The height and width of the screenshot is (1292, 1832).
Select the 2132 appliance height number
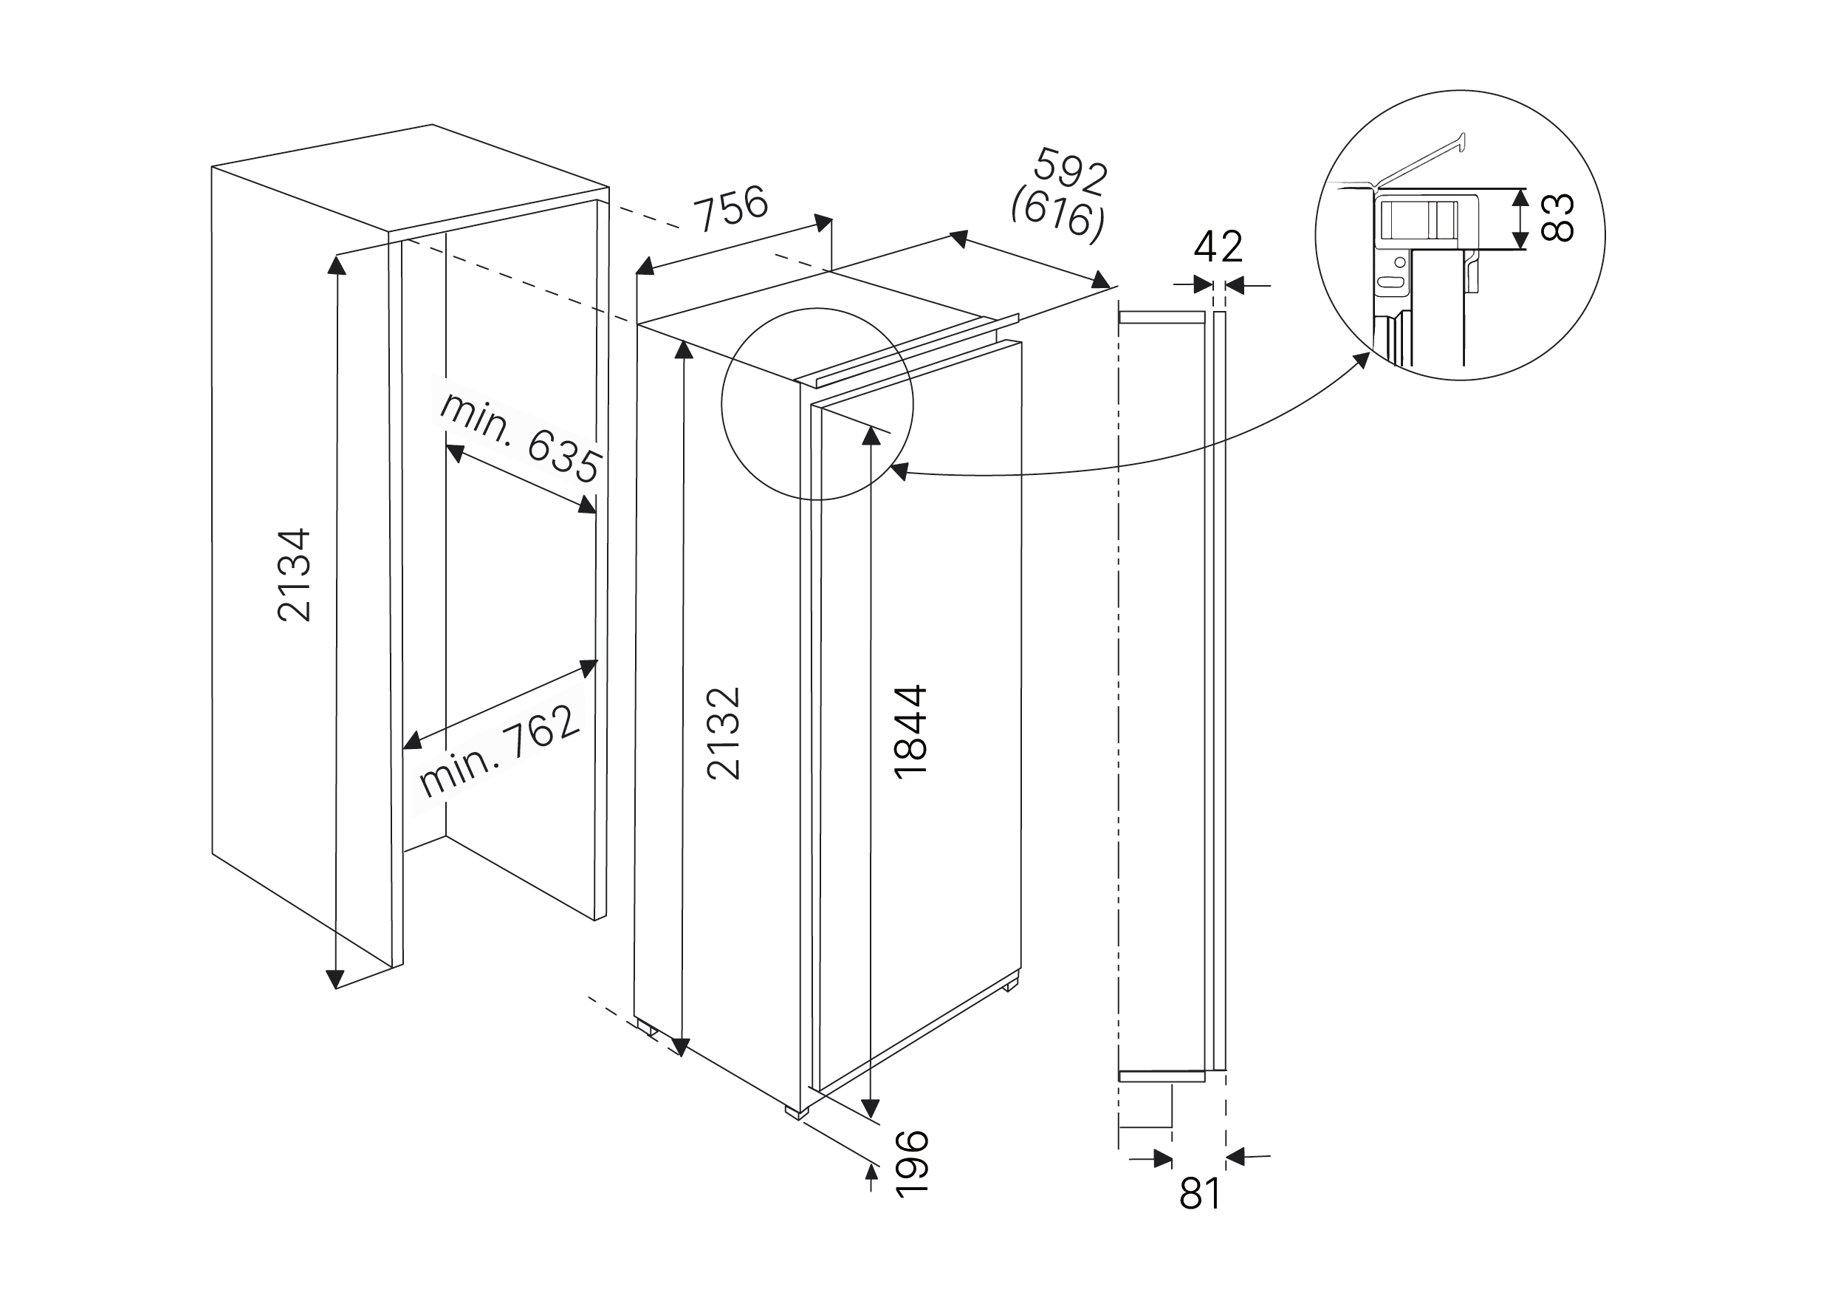pos(724,733)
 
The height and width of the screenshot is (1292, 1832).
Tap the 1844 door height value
pos(910,731)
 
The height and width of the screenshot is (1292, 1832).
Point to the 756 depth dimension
pos(731,207)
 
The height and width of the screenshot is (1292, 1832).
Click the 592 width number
pos(1071,171)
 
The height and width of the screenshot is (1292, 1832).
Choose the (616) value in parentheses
pos(1058,213)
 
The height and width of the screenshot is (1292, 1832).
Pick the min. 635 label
pos(519,438)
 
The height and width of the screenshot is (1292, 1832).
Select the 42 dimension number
pos(1218,247)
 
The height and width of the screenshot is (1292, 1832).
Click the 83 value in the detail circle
pos(1557,218)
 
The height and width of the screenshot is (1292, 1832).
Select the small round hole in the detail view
pos(1399,262)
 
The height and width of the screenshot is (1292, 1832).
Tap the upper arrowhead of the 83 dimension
pos(1521,196)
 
